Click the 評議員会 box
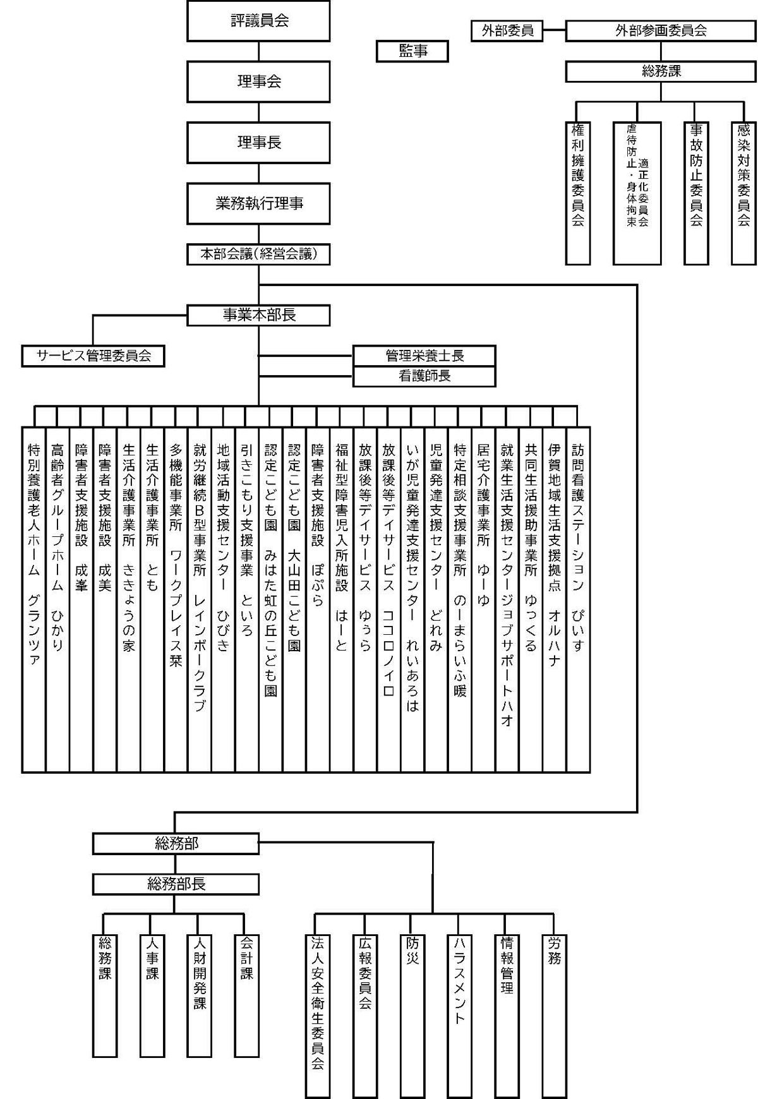click(258, 21)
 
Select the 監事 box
click(412, 51)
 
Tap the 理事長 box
click(258, 143)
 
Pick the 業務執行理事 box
click(258, 203)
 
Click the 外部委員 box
click(507, 30)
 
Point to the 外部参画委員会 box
click(661, 30)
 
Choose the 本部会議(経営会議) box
click(258, 254)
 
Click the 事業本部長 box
click(258, 315)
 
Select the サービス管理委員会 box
click(93, 356)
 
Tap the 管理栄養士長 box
click(424, 356)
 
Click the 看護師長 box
click(424, 376)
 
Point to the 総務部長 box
click(176, 884)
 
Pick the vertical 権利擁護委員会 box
click(578, 193)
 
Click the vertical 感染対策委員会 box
click(743, 193)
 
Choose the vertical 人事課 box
click(152, 995)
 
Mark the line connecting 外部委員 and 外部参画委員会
click(554, 30)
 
